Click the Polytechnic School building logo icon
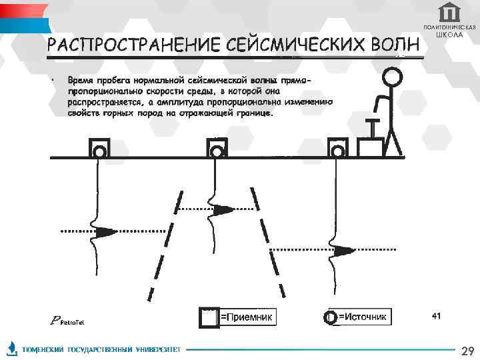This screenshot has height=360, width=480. (449, 13)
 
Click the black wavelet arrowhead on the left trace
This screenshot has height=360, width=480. (105, 232)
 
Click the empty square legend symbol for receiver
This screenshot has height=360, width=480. (209, 317)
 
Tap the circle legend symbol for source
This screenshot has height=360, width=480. (329, 317)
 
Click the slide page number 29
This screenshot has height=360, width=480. (467, 351)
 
